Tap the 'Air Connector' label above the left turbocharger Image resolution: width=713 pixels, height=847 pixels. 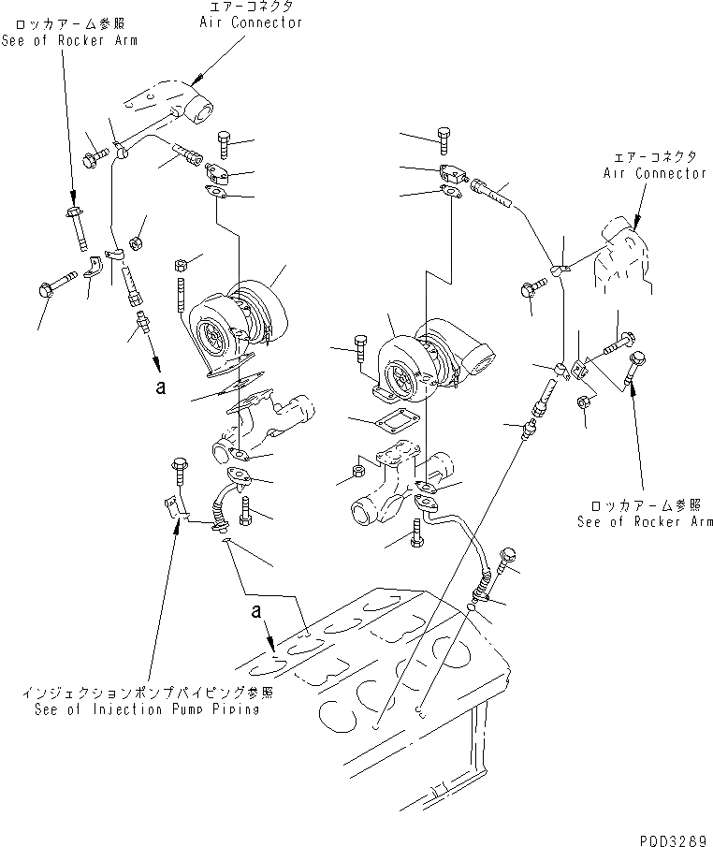251,22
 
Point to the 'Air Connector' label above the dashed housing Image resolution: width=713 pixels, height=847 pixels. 655,173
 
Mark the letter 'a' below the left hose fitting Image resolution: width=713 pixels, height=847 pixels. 161,386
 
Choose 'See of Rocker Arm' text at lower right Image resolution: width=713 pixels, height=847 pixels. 645,522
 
